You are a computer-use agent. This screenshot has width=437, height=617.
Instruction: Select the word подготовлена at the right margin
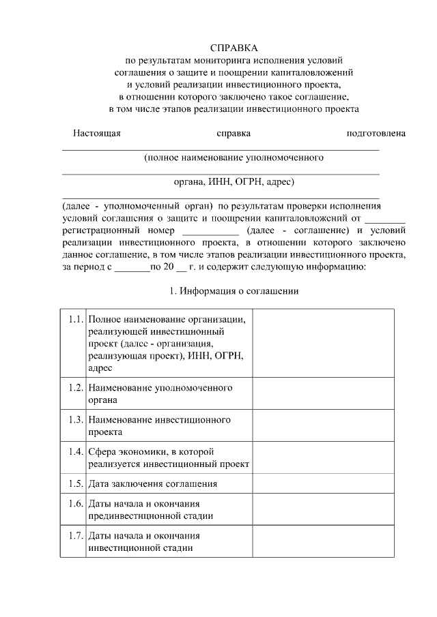click(376, 133)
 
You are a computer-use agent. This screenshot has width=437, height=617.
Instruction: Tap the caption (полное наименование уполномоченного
click(233, 157)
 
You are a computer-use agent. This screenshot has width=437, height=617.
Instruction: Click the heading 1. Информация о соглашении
click(234, 291)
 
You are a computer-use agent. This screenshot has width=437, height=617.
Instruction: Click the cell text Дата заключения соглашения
click(152, 483)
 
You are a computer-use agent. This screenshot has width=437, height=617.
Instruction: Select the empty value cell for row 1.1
click(323, 342)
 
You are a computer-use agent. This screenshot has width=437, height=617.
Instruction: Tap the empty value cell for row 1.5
click(323, 483)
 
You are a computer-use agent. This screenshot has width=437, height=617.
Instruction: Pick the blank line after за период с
click(132, 268)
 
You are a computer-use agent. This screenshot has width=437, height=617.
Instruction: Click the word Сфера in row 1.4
click(102, 451)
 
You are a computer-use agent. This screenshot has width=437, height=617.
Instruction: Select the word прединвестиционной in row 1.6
click(133, 515)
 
